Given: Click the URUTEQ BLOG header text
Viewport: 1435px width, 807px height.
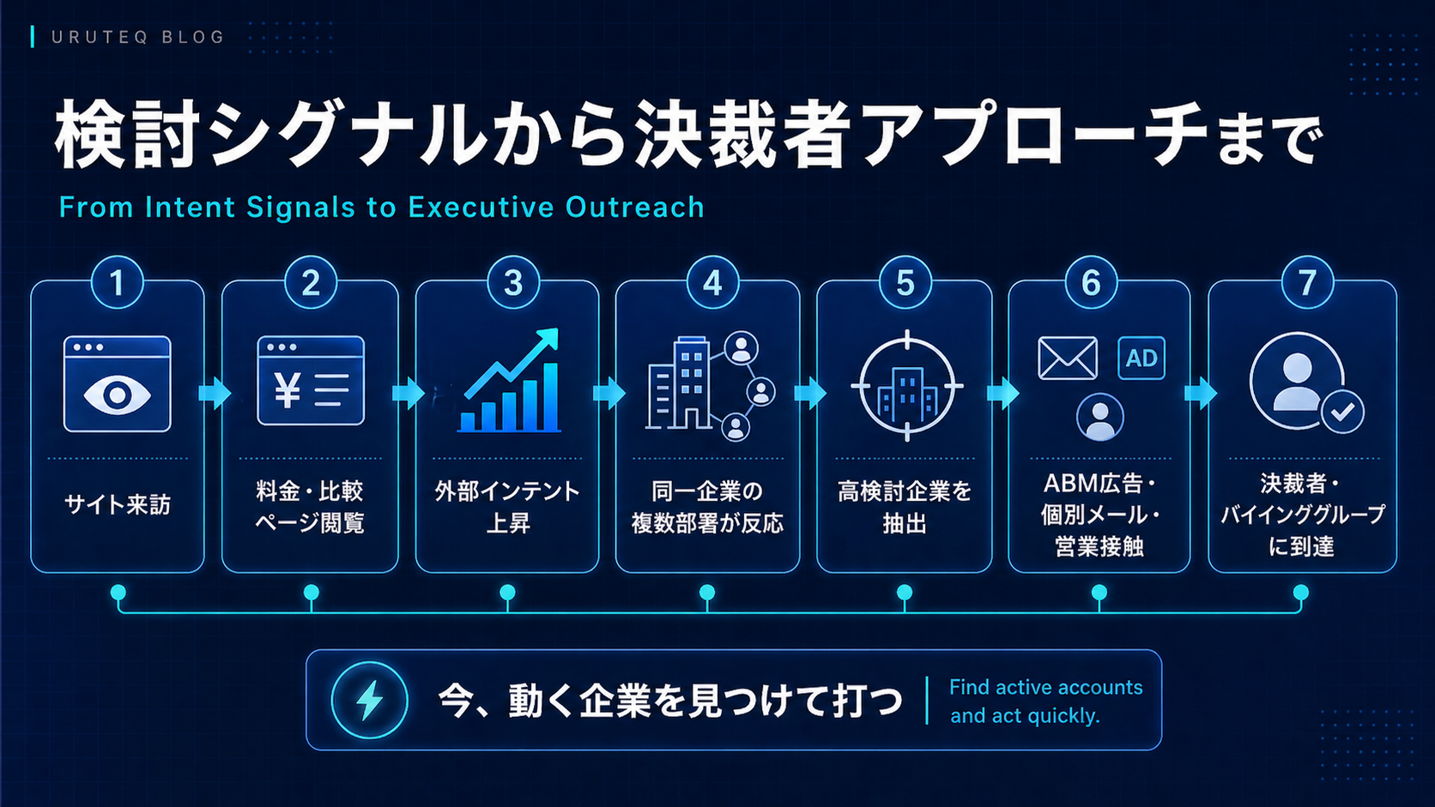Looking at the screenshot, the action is (x=137, y=37).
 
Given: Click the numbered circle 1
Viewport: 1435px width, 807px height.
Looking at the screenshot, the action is (x=118, y=282).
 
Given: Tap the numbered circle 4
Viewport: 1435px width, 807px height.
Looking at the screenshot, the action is (x=712, y=282).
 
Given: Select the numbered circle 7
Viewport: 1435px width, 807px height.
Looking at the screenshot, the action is (x=1307, y=282).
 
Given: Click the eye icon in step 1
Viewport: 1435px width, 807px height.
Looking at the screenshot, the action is (x=118, y=394).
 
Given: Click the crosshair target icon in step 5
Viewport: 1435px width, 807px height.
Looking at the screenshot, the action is (x=907, y=386).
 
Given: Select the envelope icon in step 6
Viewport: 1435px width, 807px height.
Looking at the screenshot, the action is (x=1068, y=358).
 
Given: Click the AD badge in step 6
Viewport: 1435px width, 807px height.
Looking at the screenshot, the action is (x=1141, y=358).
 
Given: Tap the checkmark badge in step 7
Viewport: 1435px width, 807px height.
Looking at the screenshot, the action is (x=1343, y=412).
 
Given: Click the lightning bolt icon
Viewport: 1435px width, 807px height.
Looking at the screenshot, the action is (x=370, y=700).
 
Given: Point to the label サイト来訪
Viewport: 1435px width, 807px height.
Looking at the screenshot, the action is (x=118, y=505).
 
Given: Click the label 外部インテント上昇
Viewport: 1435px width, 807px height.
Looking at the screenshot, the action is (x=507, y=507).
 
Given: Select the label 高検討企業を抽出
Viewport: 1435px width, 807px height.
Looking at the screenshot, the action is (x=905, y=507).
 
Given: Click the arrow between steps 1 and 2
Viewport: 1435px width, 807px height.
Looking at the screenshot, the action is (x=214, y=392).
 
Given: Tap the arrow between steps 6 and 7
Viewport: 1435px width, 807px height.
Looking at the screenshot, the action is (x=1200, y=392).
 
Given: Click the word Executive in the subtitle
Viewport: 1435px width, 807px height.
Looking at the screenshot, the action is (x=481, y=208).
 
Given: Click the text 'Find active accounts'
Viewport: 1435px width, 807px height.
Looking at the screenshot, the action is (x=1045, y=687).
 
